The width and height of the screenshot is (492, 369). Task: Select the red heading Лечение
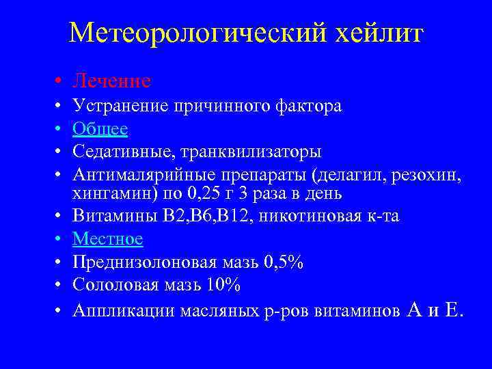[x=112, y=81]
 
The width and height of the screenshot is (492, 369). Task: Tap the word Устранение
[x=122, y=107]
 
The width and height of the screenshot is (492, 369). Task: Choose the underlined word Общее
[x=100, y=128]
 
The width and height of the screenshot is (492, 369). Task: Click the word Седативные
[x=119, y=151]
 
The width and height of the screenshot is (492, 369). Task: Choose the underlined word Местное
[x=108, y=239]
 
